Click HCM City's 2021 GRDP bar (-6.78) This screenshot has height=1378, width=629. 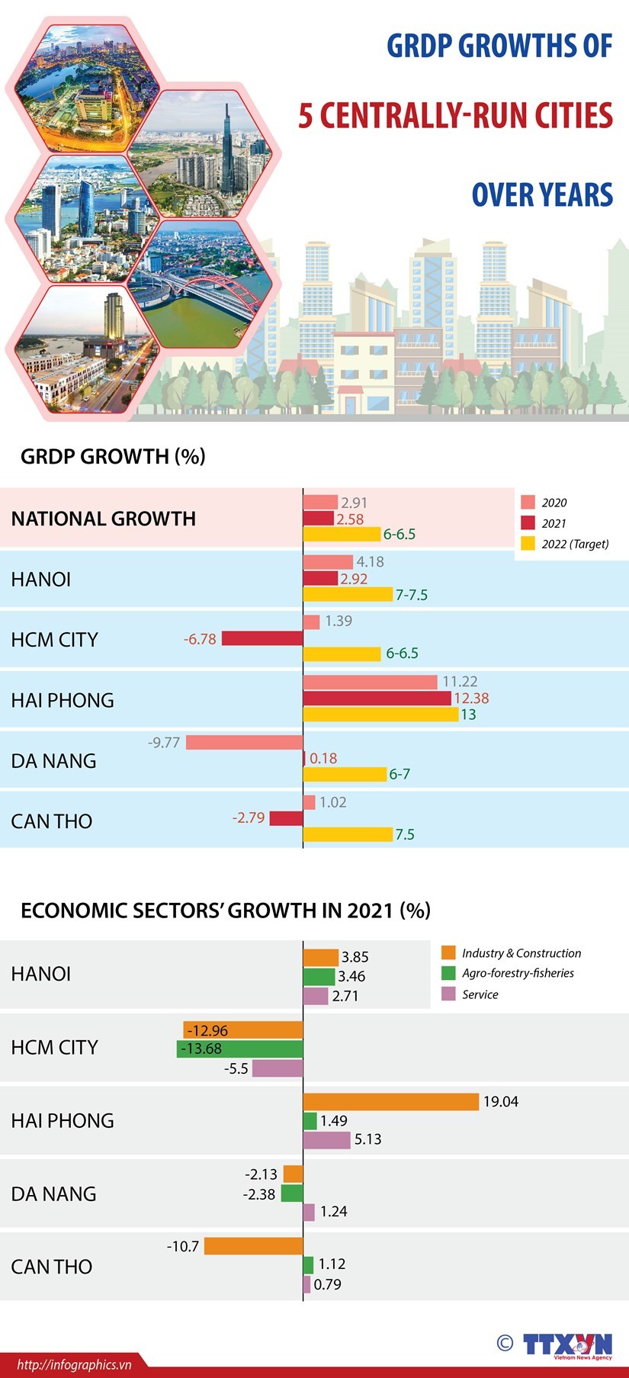pos(262,638)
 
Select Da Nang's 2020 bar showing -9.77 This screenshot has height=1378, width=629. pos(244,742)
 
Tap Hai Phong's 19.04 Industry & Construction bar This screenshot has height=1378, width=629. pos(391,1102)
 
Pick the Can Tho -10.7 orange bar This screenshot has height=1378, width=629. pos(253,1246)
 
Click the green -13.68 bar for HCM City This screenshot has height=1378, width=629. pos(240,1049)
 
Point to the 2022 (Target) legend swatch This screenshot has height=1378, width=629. pos(528,544)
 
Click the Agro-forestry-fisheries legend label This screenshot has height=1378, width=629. pos(518,973)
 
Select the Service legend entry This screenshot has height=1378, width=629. pos(480,994)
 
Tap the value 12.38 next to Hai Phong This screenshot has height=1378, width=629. pos(471,698)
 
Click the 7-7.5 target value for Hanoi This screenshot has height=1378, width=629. pos(412,595)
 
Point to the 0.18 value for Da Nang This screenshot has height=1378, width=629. pos(323,758)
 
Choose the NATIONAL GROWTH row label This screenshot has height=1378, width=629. pos(104,519)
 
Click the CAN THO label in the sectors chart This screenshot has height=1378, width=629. pos(52,1267)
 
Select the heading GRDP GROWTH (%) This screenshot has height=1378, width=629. pos(113,456)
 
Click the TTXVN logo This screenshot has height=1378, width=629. pos(567,1344)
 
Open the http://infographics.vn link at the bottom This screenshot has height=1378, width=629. pos(74,1364)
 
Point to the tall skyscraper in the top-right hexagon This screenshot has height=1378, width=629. pos(227,145)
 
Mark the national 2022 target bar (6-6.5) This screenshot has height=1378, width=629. pos(342,534)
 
